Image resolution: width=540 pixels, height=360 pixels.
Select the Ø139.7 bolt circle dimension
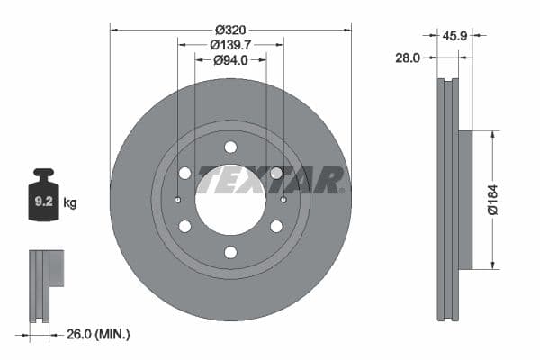pyautogui.click(x=230, y=44)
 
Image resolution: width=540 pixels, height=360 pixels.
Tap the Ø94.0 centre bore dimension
pyautogui.click(x=230, y=60)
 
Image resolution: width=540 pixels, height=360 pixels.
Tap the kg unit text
pyautogui.click(x=70, y=203)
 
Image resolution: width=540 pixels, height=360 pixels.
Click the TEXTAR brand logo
pyautogui.click(x=270, y=179)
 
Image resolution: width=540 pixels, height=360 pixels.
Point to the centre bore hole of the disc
pyautogui.click(x=230, y=200)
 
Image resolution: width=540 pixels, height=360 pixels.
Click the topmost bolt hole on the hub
pyautogui.click(x=230, y=147)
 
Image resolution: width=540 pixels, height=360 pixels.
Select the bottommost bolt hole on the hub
pyautogui.click(x=230, y=253)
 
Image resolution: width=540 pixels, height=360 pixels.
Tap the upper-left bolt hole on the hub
pyautogui.click(x=184, y=173)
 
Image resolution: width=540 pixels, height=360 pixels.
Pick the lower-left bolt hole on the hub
pyautogui.click(x=184, y=226)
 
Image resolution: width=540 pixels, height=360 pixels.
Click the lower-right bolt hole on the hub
pyautogui.click(x=276, y=226)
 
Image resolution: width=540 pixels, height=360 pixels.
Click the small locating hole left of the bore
pyautogui.click(x=178, y=200)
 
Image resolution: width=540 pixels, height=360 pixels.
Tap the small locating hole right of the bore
pyautogui.click(x=283, y=200)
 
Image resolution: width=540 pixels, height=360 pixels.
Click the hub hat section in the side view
pyautogui.click(x=464, y=200)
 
